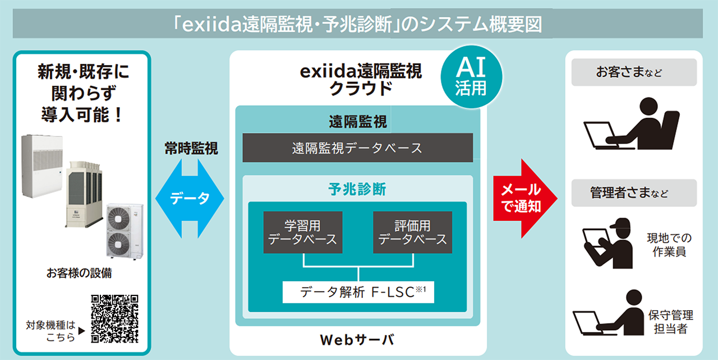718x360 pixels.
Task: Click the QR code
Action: (x=114, y=318)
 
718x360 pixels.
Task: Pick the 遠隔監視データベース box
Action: (x=357, y=148)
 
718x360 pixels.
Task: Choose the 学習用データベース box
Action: (x=302, y=232)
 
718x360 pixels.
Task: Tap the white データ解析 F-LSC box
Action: (x=358, y=292)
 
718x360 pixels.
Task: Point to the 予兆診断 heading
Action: (x=357, y=190)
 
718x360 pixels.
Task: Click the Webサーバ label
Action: (x=357, y=340)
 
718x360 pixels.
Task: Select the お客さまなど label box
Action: (x=634, y=73)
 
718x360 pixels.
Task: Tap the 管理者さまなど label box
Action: (x=634, y=193)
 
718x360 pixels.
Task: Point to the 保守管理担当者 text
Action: (x=670, y=321)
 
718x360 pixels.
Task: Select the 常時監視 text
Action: (x=191, y=148)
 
